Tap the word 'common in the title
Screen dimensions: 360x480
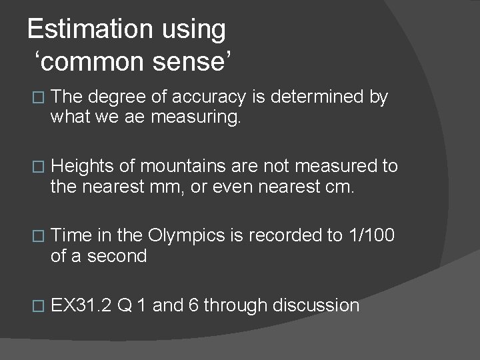93,63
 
